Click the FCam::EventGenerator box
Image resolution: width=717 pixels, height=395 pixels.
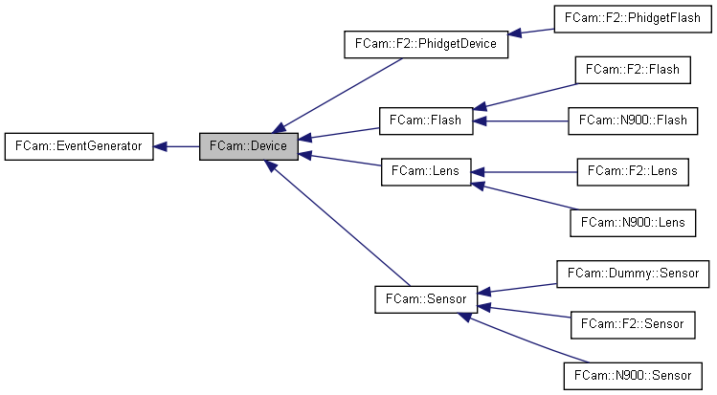[78, 146]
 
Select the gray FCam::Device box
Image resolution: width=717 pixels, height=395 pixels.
[249, 146]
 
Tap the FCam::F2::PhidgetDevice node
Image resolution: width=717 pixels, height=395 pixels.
[425, 45]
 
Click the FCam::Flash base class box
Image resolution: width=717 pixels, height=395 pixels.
[426, 121]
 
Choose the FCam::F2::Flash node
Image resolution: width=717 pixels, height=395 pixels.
[632, 70]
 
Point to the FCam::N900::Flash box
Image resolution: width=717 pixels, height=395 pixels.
[633, 121]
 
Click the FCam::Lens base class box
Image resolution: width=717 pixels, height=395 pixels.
[426, 172]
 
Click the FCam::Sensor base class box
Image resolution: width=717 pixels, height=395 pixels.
[426, 298]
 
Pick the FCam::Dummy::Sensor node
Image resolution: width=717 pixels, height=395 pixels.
[633, 273]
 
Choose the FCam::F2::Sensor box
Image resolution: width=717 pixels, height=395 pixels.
[632, 323]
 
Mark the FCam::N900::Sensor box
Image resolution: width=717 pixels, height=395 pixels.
[633, 374]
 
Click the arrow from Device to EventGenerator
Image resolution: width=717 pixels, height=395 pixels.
[176, 146]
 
